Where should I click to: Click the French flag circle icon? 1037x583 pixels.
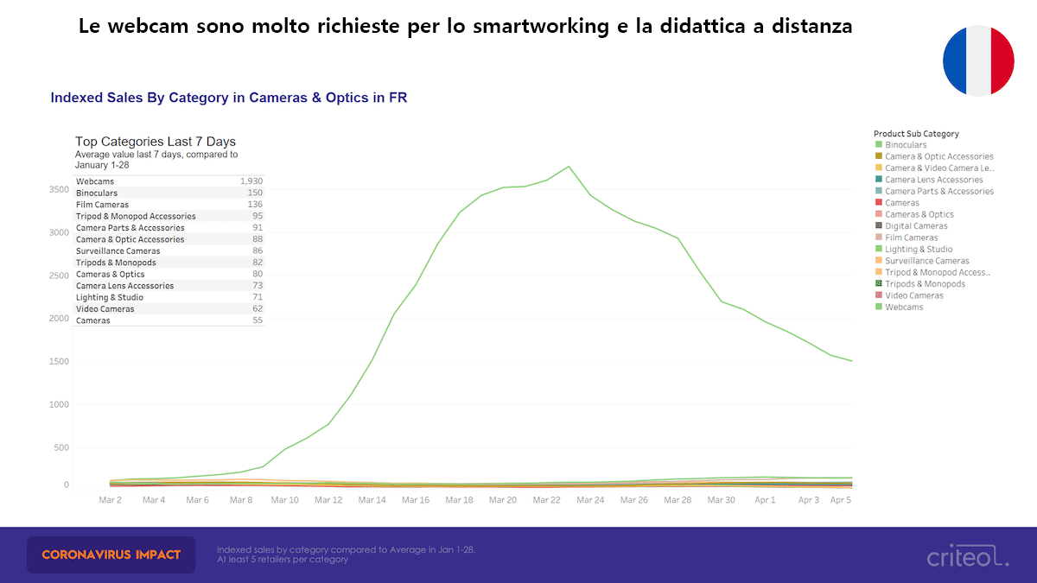[x=978, y=60]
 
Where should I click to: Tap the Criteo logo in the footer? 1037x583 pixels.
[x=967, y=557]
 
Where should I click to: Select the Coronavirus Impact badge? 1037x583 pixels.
[x=111, y=554]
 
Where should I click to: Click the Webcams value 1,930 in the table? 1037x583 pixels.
[x=251, y=181]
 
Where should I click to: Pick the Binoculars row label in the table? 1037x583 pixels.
[x=97, y=193]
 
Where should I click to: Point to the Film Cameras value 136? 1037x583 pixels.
[x=255, y=205]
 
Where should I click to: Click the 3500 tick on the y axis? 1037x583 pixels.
[x=59, y=190]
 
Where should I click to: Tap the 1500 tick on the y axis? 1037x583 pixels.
[x=59, y=361]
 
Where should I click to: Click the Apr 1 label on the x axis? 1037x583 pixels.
[x=765, y=500]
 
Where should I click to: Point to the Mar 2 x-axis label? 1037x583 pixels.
[x=110, y=500]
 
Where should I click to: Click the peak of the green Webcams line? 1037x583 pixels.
[x=569, y=166]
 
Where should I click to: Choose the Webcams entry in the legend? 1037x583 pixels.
[x=904, y=307]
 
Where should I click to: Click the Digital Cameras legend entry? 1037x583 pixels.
[x=916, y=226]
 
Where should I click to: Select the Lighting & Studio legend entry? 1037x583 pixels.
[x=919, y=249]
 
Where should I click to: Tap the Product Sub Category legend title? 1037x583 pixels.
[x=916, y=134]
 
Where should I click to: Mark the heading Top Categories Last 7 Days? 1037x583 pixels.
[x=156, y=142]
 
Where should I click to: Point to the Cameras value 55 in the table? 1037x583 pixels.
[x=258, y=320]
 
